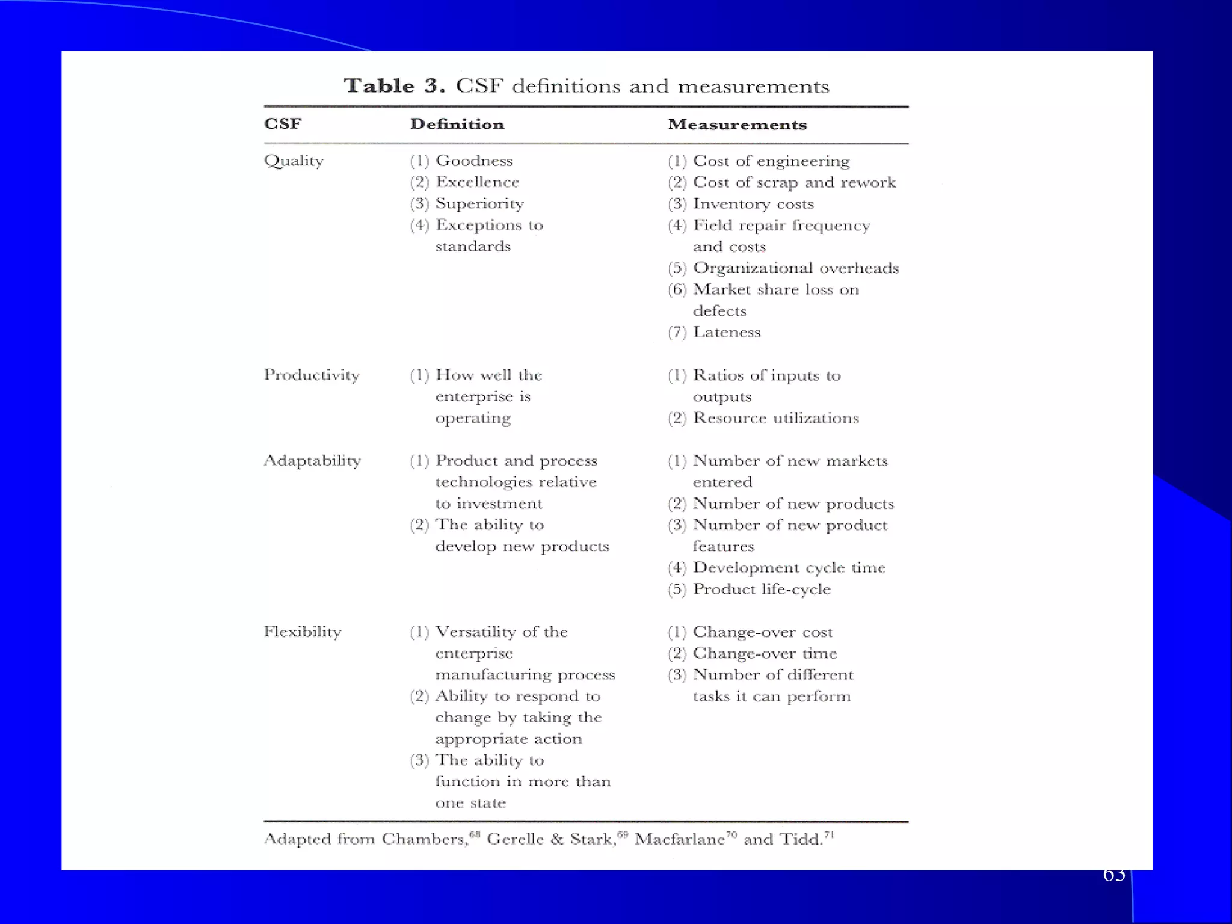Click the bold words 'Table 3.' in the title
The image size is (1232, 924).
[x=394, y=86]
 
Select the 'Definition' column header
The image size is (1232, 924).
[x=457, y=125]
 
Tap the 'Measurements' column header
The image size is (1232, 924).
[x=737, y=125]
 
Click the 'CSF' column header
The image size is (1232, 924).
[x=283, y=124]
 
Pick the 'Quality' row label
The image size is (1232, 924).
[x=294, y=161]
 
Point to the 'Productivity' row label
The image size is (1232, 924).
[x=312, y=375]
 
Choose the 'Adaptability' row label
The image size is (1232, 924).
[x=312, y=461]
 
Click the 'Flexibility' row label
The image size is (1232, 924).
[x=303, y=632]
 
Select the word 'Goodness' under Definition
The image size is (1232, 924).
[x=474, y=161]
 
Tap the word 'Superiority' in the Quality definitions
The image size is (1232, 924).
[x=479, y=204]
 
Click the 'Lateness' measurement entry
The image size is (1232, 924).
[x=727, y=333]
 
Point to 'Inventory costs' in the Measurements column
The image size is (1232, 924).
[x=753, y=204]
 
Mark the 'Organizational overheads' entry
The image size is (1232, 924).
[x=796, y=268]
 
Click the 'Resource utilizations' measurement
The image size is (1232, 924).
[x=776, y=418]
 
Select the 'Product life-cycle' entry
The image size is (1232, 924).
[x=762, y=590]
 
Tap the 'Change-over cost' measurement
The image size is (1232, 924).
[x=763, y=632]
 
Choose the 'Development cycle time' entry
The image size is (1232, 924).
[x=789, y=568]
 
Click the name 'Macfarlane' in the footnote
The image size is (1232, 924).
[x=680, y=840]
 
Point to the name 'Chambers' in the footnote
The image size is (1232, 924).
[x=425, y=840]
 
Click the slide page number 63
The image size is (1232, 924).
[x=1114, y=876]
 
